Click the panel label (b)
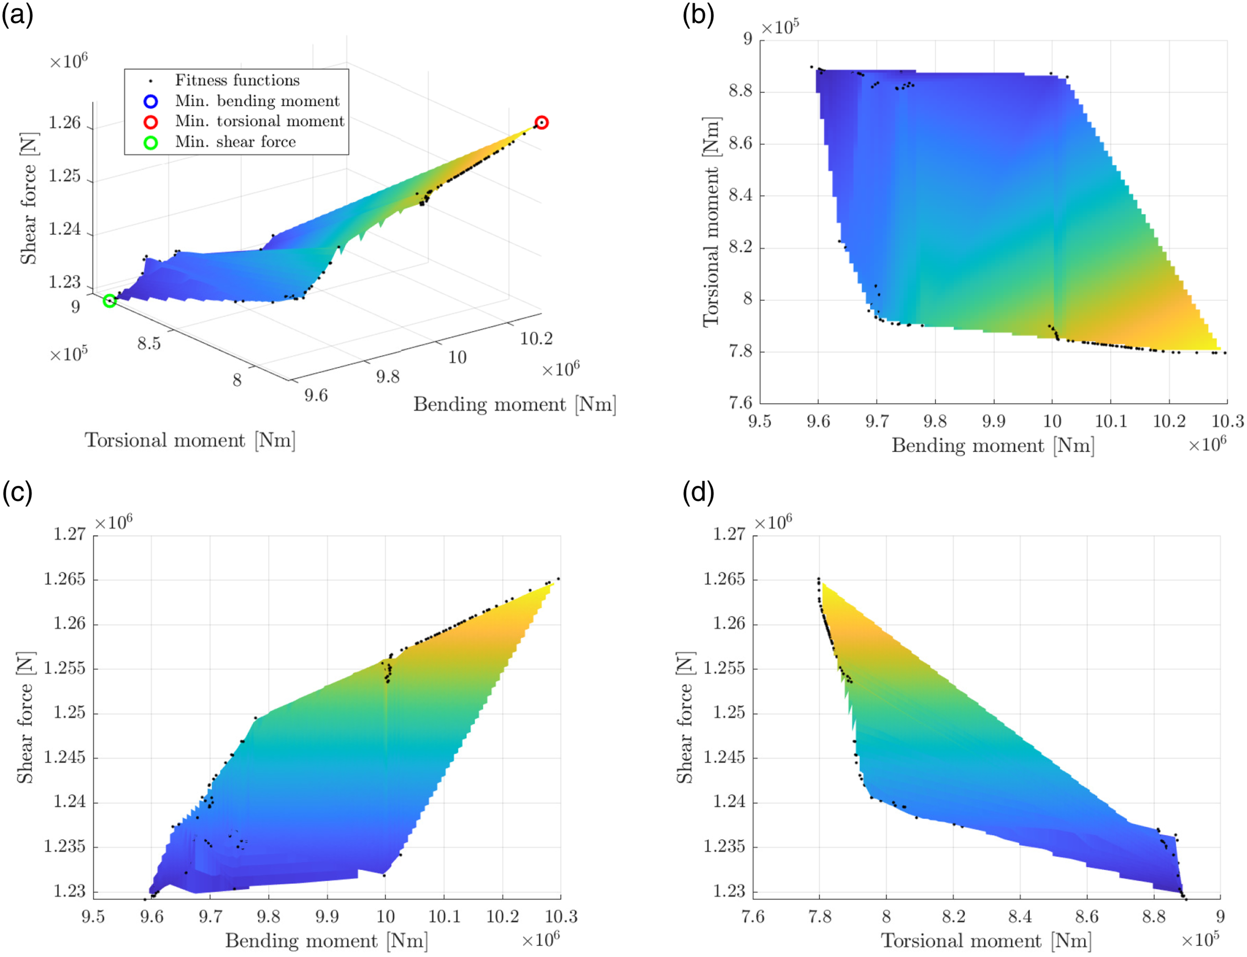point(698,15)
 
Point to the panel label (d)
point(698,493)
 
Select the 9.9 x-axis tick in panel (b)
point(994,422)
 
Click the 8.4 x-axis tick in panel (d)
point(1020,917)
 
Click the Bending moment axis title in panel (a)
point(515,404)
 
